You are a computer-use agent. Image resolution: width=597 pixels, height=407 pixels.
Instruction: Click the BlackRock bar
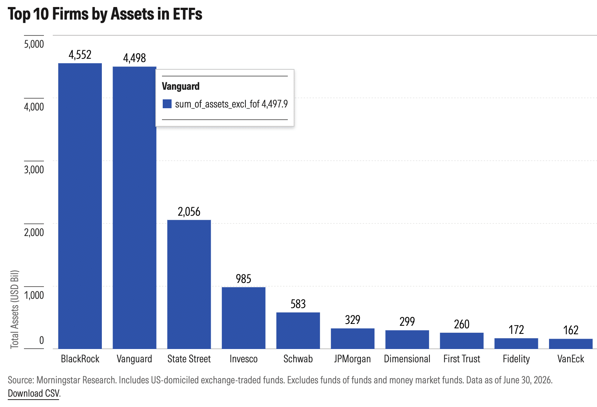(80, 206)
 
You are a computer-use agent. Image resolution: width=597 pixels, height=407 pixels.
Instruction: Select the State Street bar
(189, 284)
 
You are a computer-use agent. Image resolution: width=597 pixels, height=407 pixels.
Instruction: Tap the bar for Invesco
(244, 318)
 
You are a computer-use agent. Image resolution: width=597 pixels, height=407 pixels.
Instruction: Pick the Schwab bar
(298, 331)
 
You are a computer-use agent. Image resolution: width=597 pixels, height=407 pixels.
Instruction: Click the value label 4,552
(80, 55)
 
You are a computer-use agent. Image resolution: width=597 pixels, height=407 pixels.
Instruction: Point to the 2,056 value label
(189, 212)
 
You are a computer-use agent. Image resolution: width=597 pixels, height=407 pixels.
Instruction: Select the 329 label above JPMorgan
(353, 320)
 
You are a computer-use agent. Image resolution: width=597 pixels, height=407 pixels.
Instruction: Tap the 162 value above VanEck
(570, 331)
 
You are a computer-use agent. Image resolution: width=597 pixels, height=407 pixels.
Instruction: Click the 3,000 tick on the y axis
(34, 170)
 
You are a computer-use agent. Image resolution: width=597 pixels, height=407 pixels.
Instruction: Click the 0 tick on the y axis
(42, 340)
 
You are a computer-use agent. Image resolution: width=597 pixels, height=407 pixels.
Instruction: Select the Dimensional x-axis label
(407, 359)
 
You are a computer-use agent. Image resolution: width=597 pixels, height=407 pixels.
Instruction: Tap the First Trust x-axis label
(462, 359)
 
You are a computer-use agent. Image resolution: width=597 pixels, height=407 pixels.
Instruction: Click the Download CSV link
(34, 393)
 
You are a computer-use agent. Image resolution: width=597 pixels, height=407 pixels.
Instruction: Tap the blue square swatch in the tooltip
(167, 104)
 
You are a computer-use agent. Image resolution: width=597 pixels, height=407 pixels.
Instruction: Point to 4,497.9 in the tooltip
(275, 104)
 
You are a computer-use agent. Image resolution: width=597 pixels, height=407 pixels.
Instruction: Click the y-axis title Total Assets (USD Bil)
(15, 309)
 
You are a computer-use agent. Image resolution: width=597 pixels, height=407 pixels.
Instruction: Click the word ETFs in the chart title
(187, 14)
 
